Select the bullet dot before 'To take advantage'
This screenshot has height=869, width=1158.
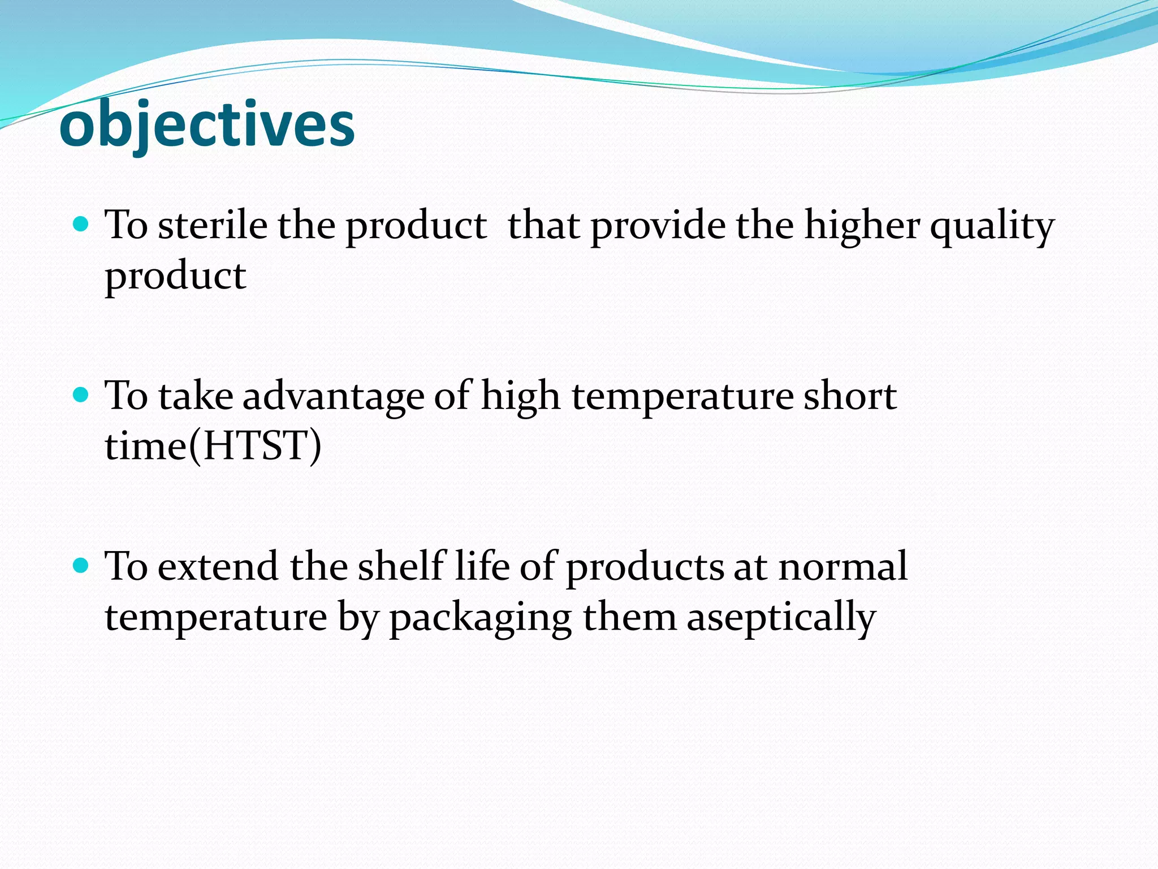pos(81,394)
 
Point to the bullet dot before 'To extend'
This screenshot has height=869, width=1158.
pos(81,565)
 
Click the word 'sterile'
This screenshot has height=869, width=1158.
pos(213,225)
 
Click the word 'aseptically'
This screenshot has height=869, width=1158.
pos(781,618)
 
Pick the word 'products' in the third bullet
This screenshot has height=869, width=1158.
pos(645,567)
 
